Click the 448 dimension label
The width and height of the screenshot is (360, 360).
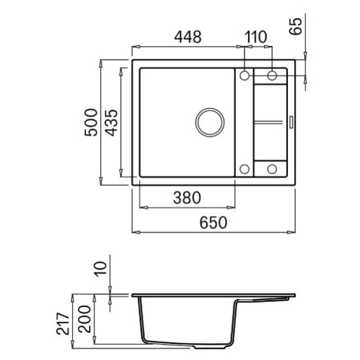188,37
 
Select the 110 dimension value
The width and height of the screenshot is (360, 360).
256,37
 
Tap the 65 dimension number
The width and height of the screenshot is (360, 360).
296,27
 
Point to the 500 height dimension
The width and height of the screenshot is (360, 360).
91,123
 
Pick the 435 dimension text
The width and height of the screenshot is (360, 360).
112,123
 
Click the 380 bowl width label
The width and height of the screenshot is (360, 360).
187,198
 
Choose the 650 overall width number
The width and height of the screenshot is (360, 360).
213,222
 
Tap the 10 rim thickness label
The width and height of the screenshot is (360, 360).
100,269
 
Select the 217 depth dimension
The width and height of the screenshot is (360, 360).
63,323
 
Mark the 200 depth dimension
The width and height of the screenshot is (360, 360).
84,319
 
